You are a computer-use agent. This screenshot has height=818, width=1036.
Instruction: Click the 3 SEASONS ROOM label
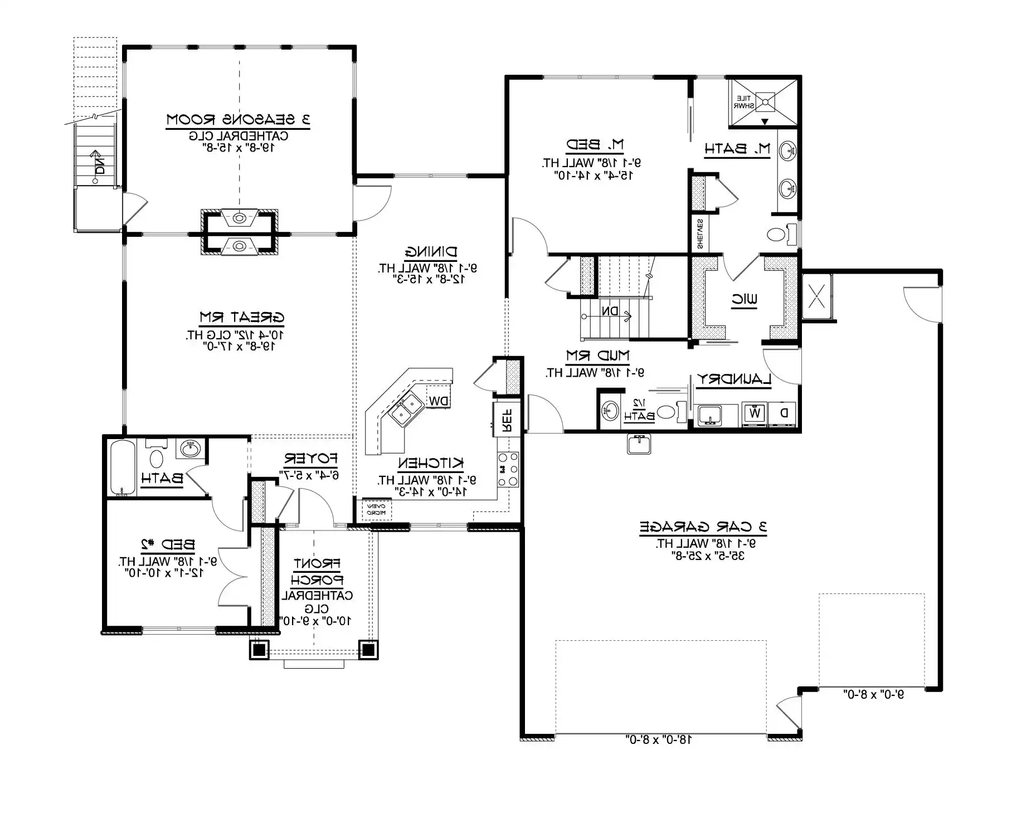click(238, 120)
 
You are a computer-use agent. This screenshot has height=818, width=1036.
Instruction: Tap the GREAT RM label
click(242, 318)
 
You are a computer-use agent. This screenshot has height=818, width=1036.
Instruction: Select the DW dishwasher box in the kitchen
click(437, 400)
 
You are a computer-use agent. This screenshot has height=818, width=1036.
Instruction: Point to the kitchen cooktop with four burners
click(508, 470)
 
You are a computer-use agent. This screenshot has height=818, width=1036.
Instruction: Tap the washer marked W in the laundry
click(755, 413)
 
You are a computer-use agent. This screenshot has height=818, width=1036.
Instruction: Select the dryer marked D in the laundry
click(784, 413)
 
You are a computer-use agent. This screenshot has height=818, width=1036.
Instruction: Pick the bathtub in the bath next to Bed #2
click(123, 467)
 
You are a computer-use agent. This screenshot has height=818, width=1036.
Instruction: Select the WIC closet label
click(745, 300)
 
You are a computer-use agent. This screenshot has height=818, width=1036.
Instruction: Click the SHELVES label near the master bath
click(699, 233)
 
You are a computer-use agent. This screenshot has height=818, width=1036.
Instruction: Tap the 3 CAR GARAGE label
click(703, 527)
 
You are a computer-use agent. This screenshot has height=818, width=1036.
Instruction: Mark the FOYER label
click(310, 459)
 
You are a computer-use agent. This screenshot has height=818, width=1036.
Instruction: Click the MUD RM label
click(597, 356)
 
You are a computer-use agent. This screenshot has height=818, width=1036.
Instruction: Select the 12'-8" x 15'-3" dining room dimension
click(428, 279)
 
